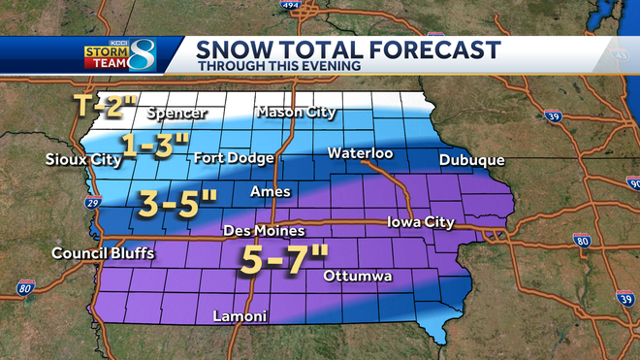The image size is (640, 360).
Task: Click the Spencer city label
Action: tap(176, 114)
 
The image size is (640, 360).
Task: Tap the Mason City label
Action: tap(296, 113)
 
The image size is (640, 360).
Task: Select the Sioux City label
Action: tap(77, 159)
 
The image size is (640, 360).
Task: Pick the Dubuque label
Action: tap(471, 159)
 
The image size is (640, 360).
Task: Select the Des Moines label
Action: tap(264, 231)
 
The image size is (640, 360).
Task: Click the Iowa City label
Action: tap(420, 222)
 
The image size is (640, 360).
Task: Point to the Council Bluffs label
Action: tap(103, 254)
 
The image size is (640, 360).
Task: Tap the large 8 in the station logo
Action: tap(169, 55)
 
